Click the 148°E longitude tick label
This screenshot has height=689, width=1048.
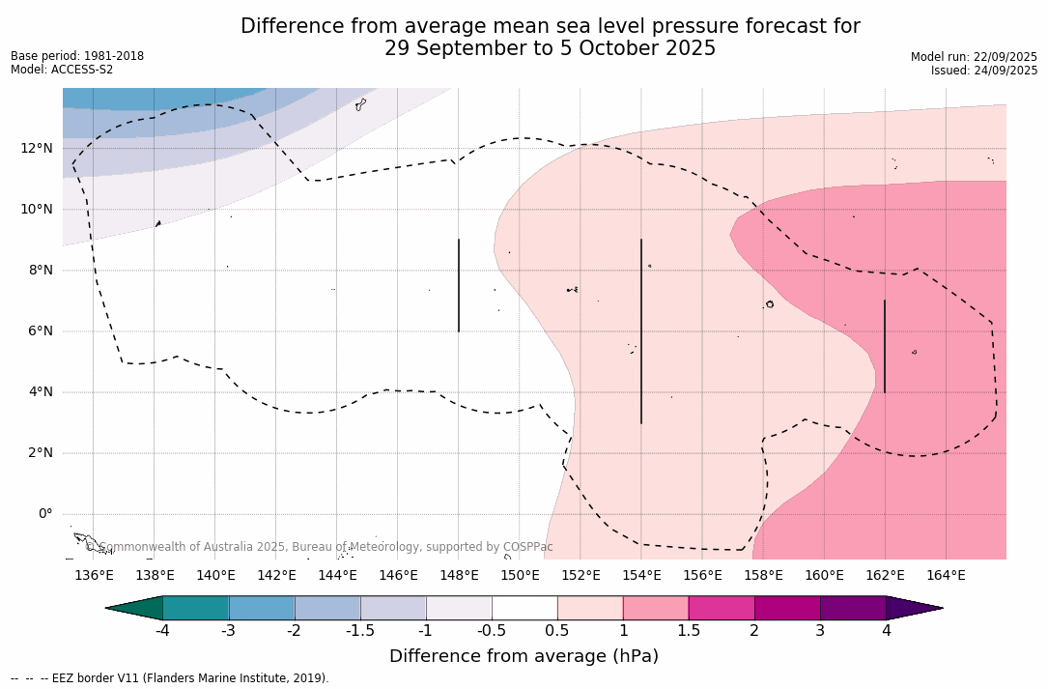pos(459,576)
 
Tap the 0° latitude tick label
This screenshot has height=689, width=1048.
pos(45,513)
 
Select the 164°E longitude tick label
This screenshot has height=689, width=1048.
pos(946,576)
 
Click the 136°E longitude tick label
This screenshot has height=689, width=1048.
pos(94,576)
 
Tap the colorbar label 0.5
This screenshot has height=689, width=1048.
pos(557,631)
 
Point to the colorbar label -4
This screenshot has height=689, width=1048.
pos(162,631)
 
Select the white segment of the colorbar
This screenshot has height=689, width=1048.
pos(524,608)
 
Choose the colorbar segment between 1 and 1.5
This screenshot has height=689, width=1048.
pos(656,608)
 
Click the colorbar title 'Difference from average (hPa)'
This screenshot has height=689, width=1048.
pos(524,656)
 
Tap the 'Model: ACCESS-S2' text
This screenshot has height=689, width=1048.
pos(62,70)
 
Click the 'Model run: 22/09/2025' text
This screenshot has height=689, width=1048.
pos(974,57)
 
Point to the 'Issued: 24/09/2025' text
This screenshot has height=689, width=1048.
pos(984,71)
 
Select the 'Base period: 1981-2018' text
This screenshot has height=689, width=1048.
pos(77,56)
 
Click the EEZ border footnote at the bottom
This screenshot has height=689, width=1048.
pos(170,678)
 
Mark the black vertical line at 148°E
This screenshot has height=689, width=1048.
pos(459,285)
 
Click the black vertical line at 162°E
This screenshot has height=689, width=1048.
pos(885,346)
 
